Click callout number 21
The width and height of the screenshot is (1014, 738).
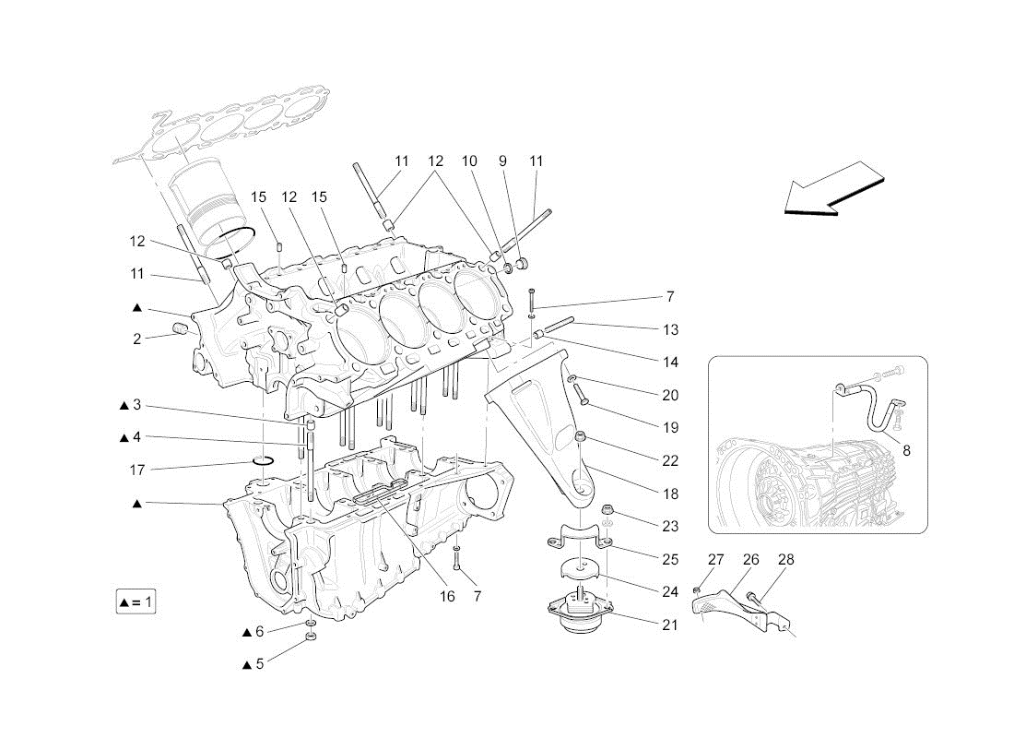click(x=670, y=625)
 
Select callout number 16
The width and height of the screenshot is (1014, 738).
click(x=447, y=596)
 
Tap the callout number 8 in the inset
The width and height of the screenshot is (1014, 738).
click(x=906, y=450)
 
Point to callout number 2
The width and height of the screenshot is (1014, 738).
click(x=137, y=339)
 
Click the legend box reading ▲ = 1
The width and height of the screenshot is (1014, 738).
click(x=136, y=602)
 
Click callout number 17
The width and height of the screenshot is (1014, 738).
click(x=137, y=470)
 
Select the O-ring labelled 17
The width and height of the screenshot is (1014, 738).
click(x=263, y=460)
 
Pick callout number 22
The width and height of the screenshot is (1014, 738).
click(x=670, y=461)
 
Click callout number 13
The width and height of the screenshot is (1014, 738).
click(x=670, y=330)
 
